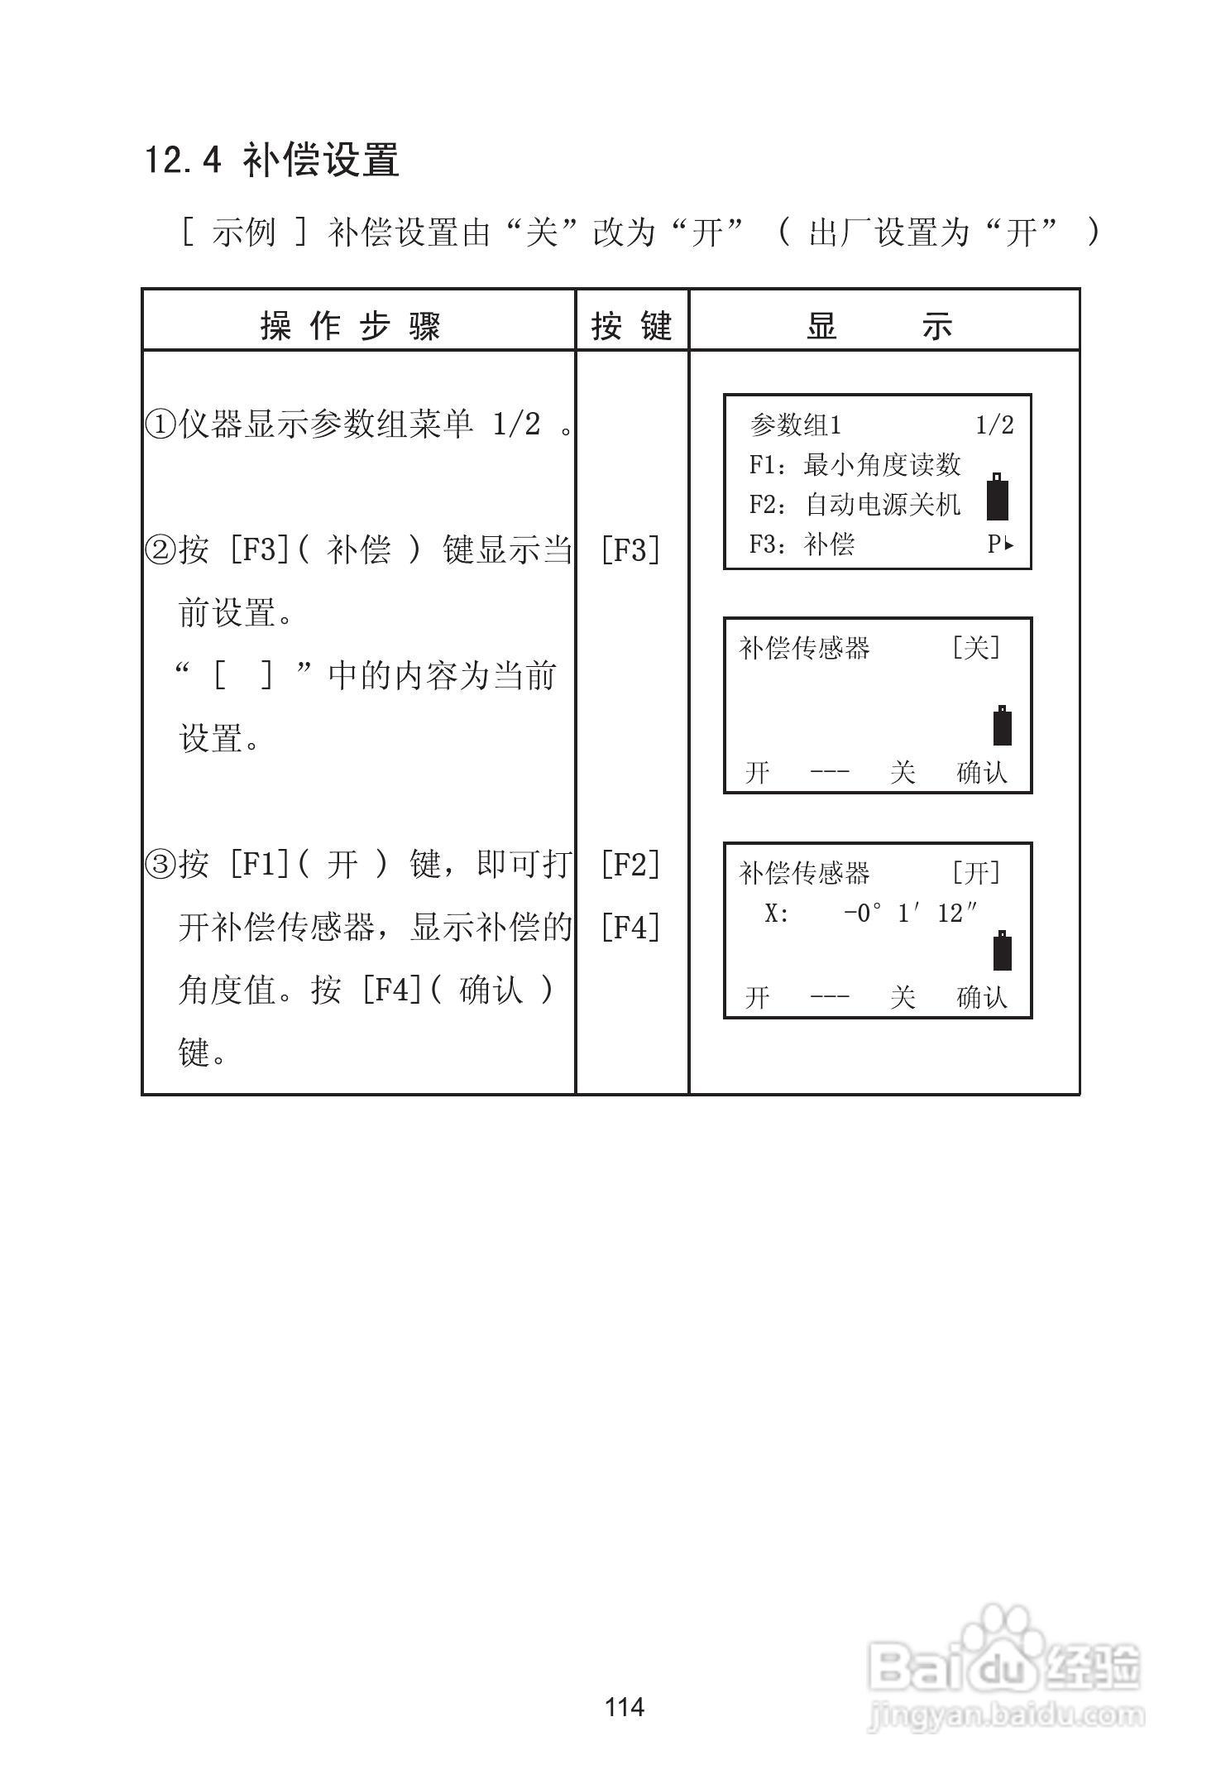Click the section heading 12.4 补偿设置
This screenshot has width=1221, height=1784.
coord(272,160)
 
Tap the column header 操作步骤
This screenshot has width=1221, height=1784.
coord(351,326)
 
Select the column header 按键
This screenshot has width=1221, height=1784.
coord(631,326)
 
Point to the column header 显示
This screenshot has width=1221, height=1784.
coord(880,326)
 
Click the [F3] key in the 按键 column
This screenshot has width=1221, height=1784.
coord(630,549)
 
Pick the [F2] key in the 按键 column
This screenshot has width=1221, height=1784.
coord(630,865)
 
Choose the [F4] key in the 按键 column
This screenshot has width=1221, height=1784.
coord(630,928)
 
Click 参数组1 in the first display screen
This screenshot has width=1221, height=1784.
coord(795,425)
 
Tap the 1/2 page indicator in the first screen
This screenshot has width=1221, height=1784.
coord(994,425)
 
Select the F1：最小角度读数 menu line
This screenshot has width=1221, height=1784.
coord(855,465)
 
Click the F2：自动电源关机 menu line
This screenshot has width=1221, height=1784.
coord(855,505)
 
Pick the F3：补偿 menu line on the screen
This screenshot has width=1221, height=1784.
coord(802,544)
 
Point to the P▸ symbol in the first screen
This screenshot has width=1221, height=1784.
coord(1000,544)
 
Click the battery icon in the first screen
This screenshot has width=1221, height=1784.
coord(998,497)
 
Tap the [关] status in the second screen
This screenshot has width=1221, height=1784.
coord(976,648)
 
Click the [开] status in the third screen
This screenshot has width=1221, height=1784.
coord(976,873)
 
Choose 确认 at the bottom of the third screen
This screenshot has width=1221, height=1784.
coord(982,997)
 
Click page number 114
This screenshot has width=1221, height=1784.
coord(625,1706)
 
